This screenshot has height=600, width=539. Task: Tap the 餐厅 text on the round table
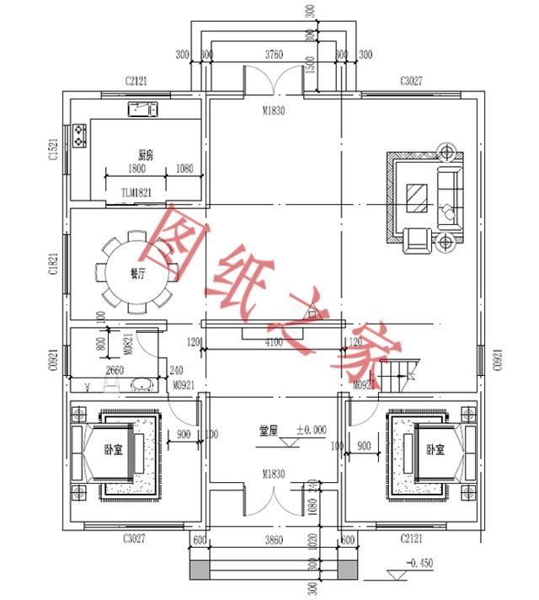coord(136,273)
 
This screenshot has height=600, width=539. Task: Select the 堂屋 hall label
coord(269,430)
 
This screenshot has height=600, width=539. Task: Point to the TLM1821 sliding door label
coord(136,193)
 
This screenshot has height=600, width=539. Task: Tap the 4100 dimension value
coord(274,343)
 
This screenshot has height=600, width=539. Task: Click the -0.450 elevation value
coord(419,561)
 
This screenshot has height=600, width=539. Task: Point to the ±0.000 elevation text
coord(310,430)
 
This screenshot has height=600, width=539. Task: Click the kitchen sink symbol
coord(143,110)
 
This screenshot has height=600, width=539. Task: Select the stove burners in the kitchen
coord(81,135)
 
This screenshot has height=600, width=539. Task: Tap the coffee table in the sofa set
coord(417,198)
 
